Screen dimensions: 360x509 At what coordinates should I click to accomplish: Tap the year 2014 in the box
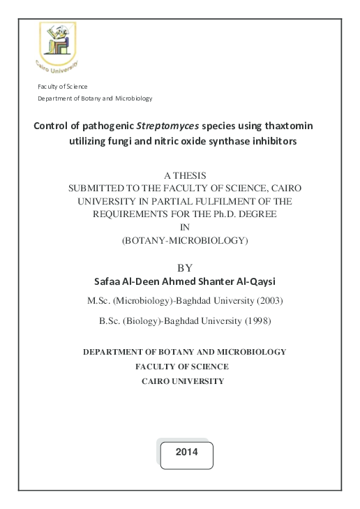coord(186,452)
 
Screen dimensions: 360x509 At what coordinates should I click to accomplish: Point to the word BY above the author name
coord(185,267)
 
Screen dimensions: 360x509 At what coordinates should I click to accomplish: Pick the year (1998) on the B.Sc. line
coord(255,321)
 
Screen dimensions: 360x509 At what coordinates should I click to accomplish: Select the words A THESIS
coord(184,175)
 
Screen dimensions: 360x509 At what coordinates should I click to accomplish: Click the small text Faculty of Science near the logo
coord(63,86)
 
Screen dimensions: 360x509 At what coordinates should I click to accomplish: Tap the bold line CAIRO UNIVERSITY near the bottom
coord(183,381)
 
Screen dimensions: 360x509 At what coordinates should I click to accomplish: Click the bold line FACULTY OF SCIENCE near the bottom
coord(183,367)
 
